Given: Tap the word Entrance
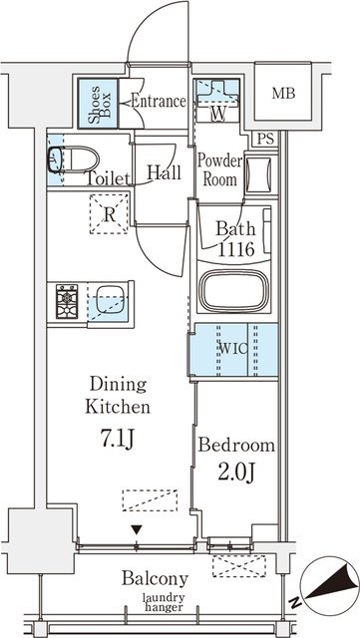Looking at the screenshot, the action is click(158, 102).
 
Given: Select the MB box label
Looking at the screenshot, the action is click(283, 94).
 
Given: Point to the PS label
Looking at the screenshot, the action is click(265, 140).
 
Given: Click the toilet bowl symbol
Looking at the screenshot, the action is click(74, 159).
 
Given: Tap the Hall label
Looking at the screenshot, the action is click(164, 172).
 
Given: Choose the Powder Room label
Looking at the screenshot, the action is click(220, 170).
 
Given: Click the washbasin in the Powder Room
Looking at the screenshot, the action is click(259, 174).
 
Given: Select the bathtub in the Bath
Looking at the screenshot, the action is click(235, 290).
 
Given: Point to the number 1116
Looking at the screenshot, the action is click(236, 249).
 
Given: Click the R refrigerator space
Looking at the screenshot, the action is click(109, 214).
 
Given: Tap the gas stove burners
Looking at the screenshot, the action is click(67, 301).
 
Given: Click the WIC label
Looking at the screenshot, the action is click(233, 350).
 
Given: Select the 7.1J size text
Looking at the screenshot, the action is click(118, 440).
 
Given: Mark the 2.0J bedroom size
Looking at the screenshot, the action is click(236, 472).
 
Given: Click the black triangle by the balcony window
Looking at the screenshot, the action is click(137, 529).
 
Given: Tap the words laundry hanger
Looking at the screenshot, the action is click(164, 602).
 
